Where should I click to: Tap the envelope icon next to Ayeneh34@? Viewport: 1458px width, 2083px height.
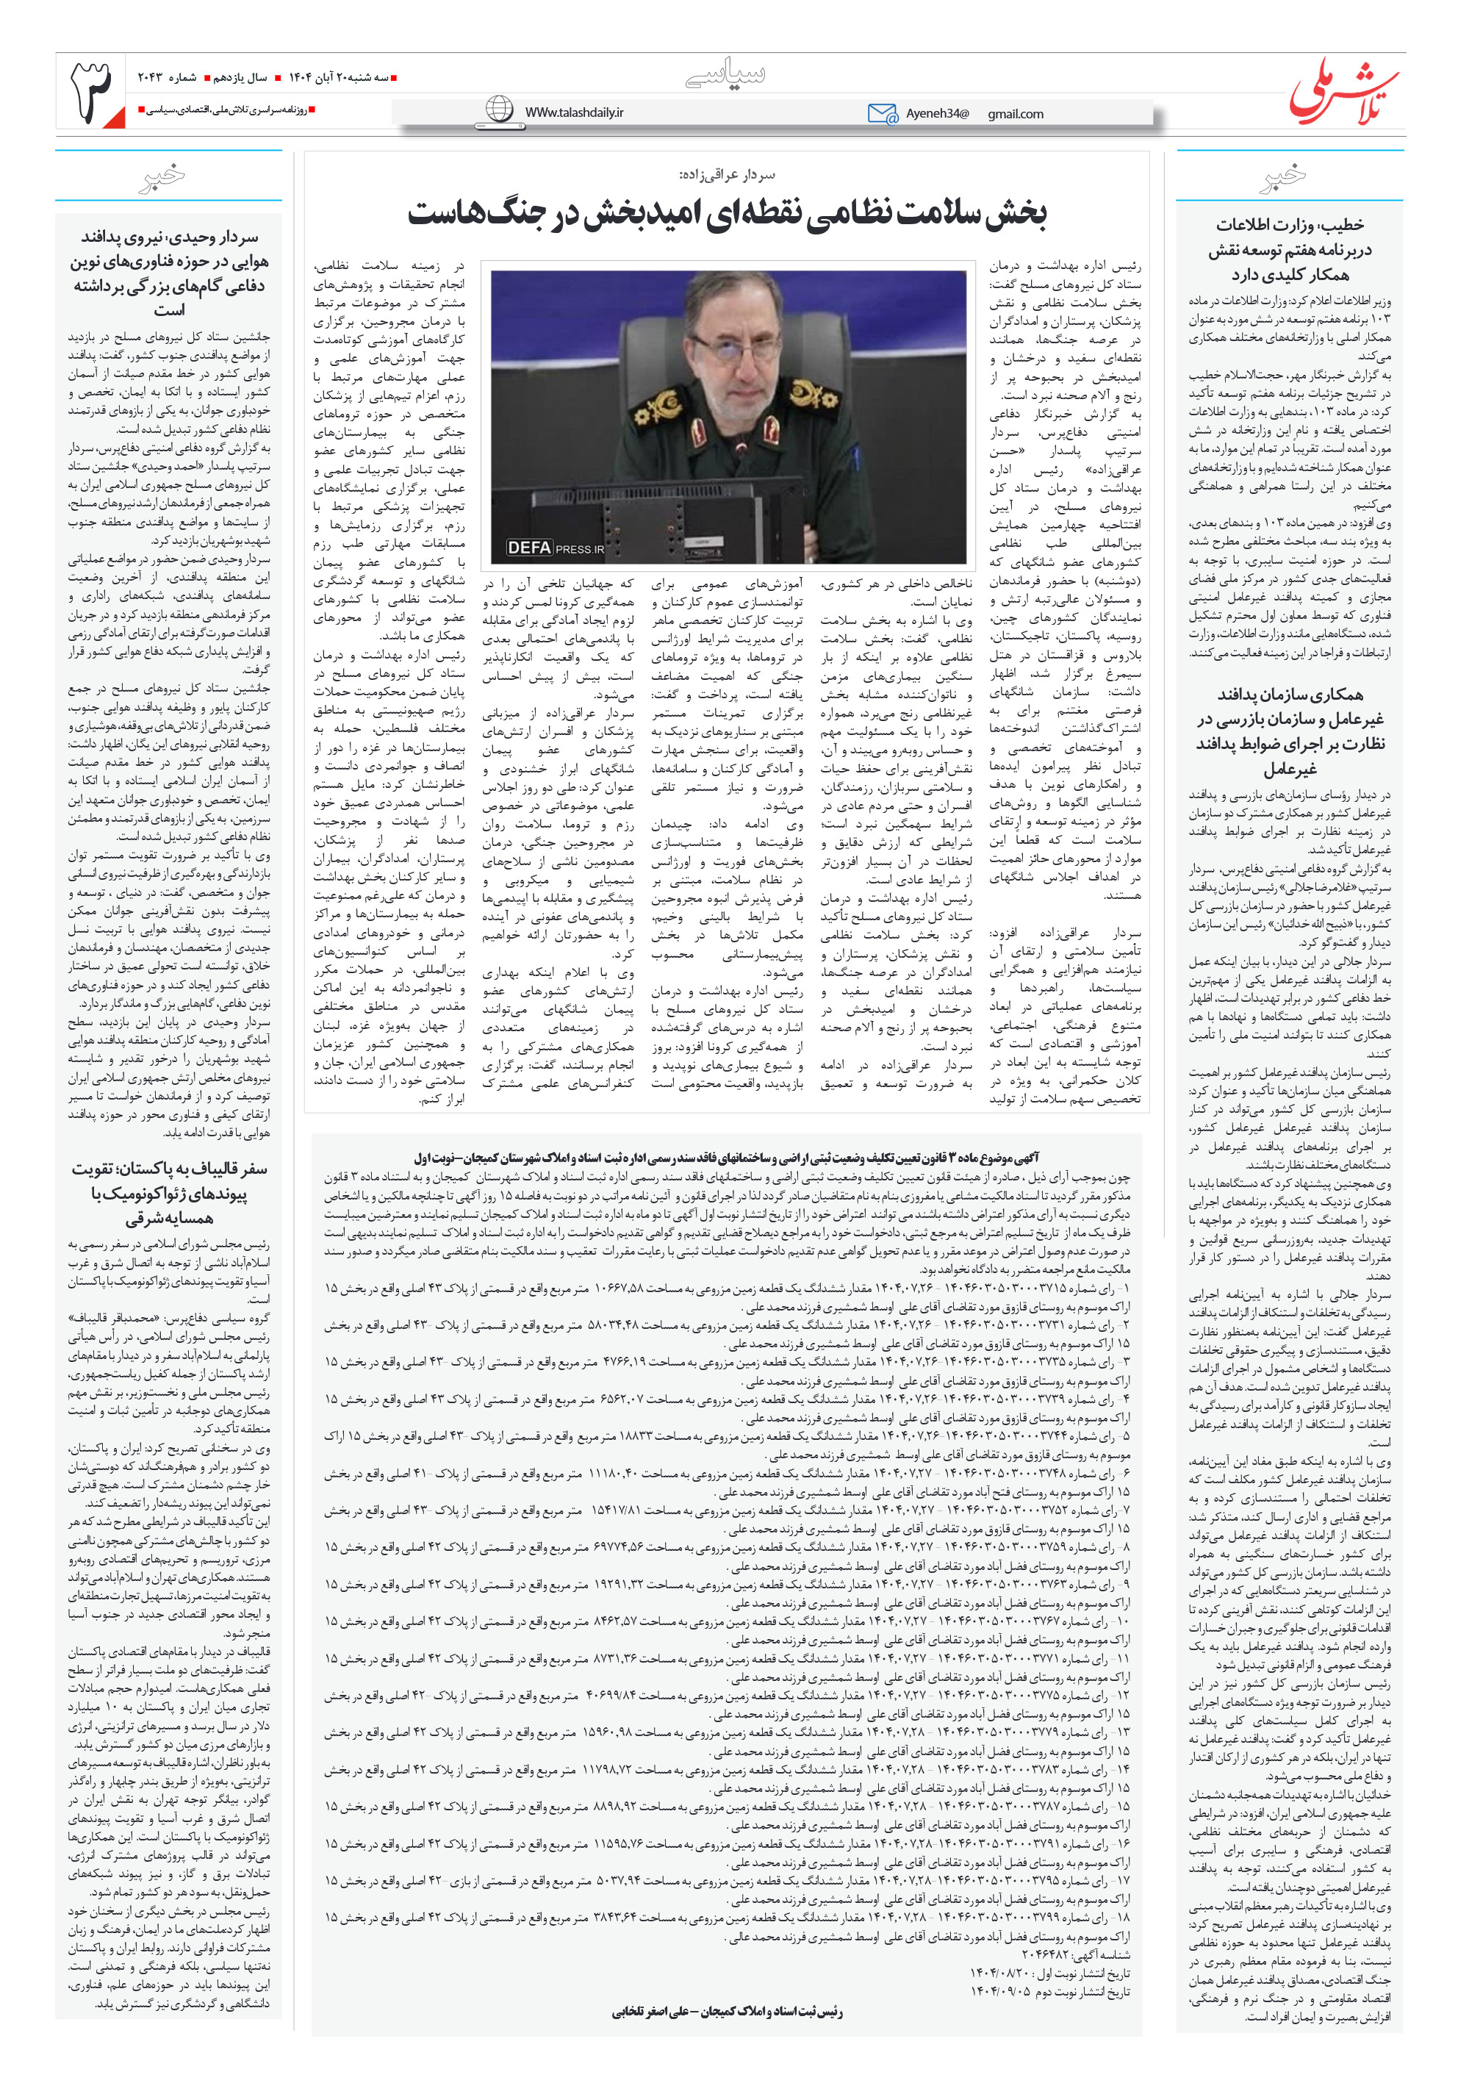(x=881, y=113)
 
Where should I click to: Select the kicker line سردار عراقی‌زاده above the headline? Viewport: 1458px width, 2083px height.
(x=728, y=174)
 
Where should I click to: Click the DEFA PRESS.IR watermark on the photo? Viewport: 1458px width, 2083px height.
(x=556, y=548)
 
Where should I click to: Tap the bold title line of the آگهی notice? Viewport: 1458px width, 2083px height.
(x=726, y=1158)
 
